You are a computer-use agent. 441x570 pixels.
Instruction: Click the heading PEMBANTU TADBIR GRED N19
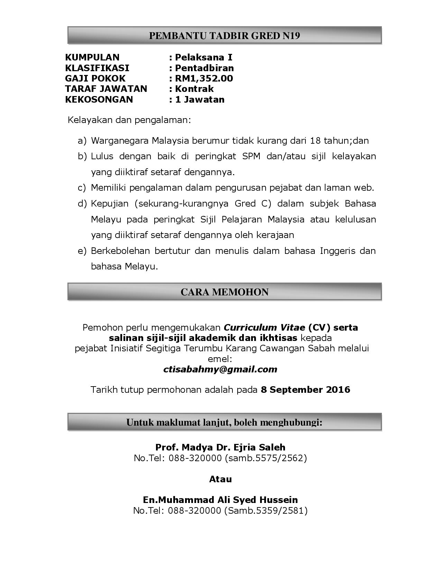[x=224, y=36]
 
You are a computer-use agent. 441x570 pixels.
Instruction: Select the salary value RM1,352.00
[x=204, y=78]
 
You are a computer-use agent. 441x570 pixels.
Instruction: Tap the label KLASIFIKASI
[x=97, y=68]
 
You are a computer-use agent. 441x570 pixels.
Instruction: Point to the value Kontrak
[x=194, y=89]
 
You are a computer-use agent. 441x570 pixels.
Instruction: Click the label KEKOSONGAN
[x=99, y=99]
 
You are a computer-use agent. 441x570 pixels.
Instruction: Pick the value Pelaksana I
[x=203, y=57]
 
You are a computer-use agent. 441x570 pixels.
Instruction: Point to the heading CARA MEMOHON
[x=224, y=292]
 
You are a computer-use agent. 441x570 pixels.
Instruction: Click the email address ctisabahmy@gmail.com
[x=220, y=370]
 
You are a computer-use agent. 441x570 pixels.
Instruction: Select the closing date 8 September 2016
[x=305, y=390]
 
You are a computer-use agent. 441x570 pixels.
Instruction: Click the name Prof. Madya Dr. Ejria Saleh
[x=220, y=447]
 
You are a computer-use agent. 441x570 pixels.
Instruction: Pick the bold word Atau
[x=220, y=479]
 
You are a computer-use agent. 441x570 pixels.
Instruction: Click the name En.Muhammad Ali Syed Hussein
[x=220, y=500]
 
